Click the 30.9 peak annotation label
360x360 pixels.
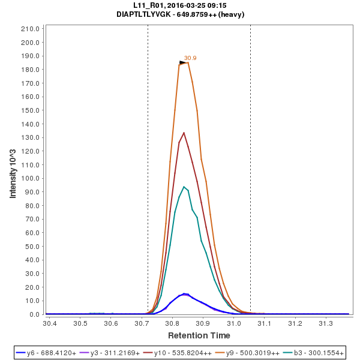(x=190, y=58)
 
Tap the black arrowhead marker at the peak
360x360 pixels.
(x=183, y=62)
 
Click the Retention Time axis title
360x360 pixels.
(x=199, y=335)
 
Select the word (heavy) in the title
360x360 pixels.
(x=231, y=14)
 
